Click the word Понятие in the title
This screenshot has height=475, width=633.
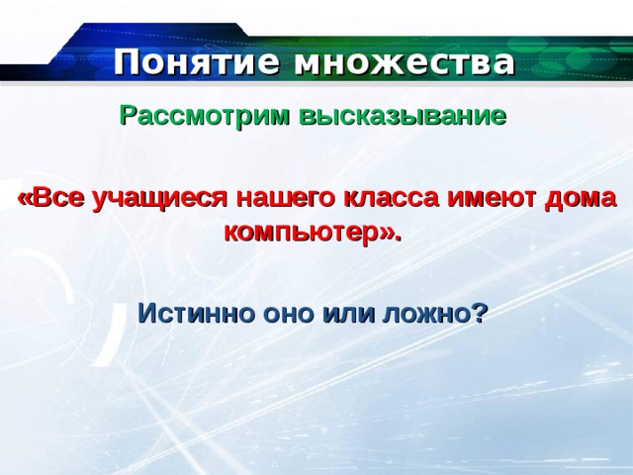(197, 61)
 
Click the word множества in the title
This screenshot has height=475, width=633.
(405, 62)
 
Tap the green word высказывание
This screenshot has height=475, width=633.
(403, 116)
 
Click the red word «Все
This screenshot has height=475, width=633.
(52, 198)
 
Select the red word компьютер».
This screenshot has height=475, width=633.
(314, 234)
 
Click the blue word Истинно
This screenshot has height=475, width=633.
(196, 313)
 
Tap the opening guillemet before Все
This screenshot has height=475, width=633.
(25, 200)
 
